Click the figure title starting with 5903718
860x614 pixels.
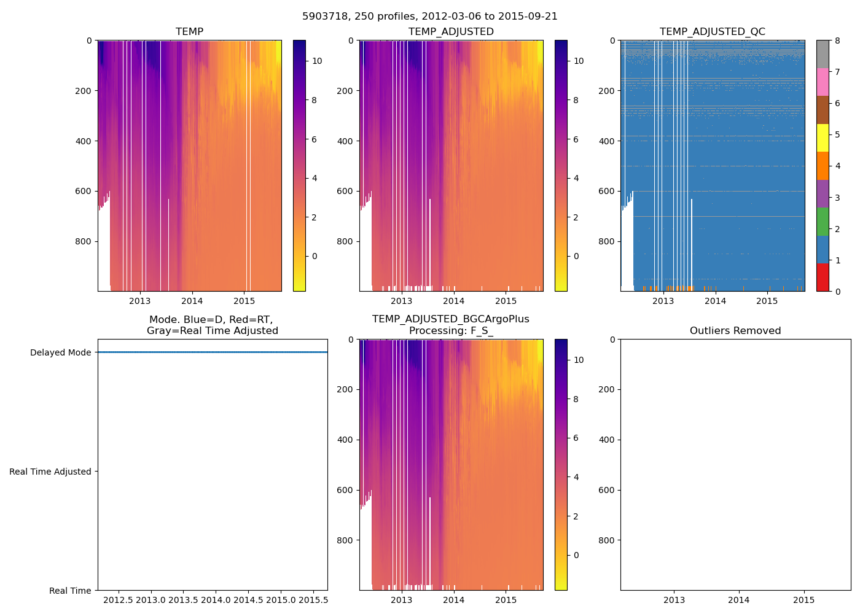click(430, 17)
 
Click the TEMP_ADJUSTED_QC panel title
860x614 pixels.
click(712, 32)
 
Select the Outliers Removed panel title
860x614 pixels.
click(735, 331)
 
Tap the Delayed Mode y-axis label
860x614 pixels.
click(60, 352)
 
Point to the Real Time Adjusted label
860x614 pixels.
click(50, 472)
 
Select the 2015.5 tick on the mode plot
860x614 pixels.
click(313, 600)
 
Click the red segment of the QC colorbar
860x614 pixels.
click(823, 277)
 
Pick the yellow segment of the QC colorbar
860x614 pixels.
click(823, 138)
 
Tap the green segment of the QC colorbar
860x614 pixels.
click(823, 222)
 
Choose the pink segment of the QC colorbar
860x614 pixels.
click(823, 82)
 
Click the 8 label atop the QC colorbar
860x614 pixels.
click(837, 41)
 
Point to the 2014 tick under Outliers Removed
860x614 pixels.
click(739, 600)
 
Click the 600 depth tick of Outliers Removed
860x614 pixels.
click(606, 490)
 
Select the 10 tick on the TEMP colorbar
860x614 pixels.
click(317, 61)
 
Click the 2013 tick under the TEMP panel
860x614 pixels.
click(139, 301)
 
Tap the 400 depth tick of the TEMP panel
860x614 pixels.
click(84, 141)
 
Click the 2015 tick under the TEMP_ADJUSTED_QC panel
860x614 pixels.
click(767, 301)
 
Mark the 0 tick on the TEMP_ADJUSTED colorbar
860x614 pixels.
click(576, 256)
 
